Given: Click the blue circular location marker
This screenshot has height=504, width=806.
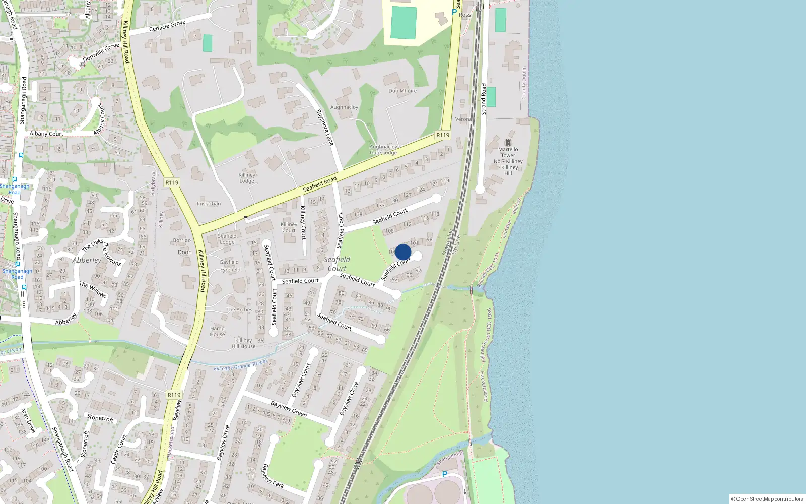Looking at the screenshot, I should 403,252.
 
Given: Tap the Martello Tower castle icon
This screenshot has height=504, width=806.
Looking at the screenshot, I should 508,142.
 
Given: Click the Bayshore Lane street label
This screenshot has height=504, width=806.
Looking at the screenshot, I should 325,128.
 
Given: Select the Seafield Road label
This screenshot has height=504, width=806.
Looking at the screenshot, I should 320,184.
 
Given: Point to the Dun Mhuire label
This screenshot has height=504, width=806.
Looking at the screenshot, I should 402,91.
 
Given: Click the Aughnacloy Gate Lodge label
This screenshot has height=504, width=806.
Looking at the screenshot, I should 383,150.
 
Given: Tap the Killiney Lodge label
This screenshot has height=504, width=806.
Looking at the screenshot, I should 247,178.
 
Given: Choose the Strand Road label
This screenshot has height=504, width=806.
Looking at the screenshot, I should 484,99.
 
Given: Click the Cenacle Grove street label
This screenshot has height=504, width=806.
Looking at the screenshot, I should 168,26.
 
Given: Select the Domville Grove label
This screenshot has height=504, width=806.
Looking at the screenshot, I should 101,52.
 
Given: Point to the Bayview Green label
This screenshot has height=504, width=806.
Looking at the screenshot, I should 289,409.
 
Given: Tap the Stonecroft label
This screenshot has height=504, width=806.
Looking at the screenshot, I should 100,418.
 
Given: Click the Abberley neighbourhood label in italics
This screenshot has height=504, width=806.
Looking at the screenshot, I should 87,260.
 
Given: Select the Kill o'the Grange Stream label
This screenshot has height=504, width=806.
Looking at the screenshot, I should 240,365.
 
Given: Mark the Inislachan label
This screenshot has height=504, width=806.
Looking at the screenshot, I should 209,204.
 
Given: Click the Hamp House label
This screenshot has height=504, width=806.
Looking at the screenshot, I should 217,331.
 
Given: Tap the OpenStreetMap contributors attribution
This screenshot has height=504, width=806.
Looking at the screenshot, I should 767,499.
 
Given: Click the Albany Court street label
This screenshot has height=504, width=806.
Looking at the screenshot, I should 46,134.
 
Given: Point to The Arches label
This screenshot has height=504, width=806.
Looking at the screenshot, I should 239,310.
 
